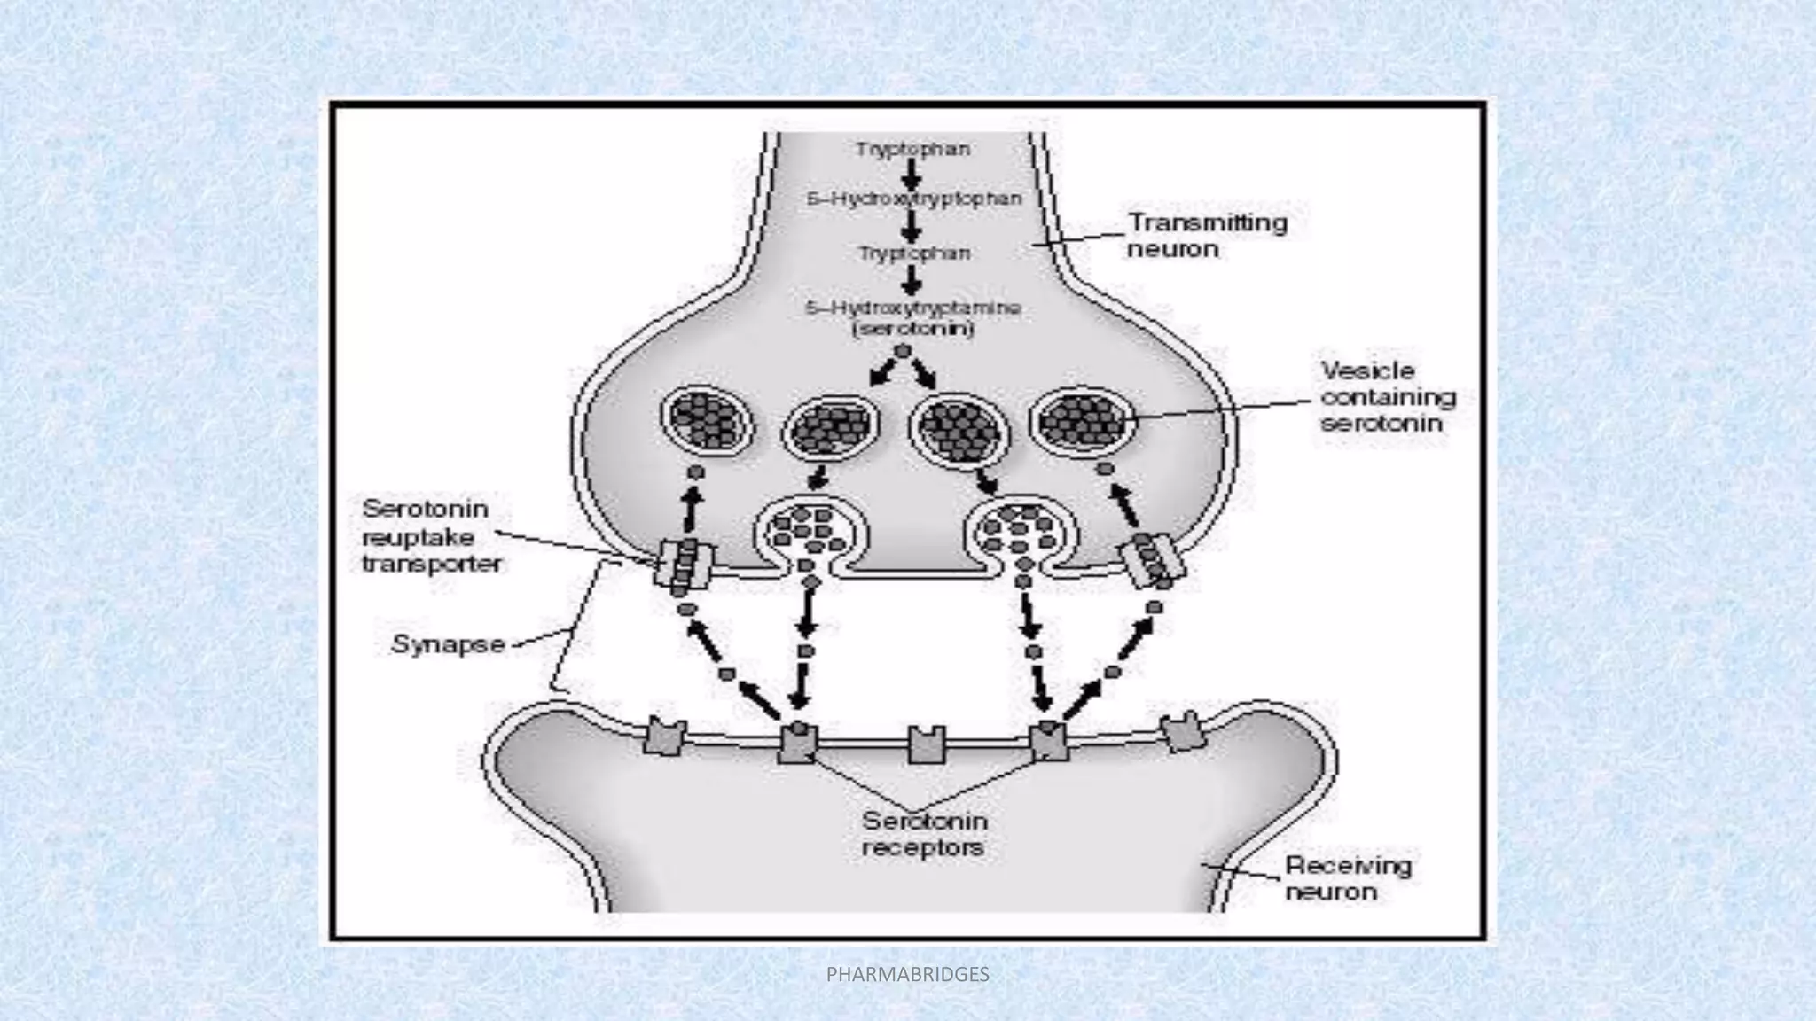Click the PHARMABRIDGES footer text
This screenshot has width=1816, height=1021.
click(907, 975)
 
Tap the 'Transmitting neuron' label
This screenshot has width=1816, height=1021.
click(1206, 235)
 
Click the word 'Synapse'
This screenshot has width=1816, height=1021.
click(448, 644)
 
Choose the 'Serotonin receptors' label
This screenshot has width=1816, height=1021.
click(924, 834)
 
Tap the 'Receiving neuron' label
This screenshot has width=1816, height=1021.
click(1348, 877)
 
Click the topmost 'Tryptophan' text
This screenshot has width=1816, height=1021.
click(912, 150)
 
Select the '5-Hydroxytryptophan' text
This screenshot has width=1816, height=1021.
click(914, 199)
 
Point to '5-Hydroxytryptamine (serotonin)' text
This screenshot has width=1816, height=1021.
click(913, 318)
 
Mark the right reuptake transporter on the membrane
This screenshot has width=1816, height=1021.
click(1153, 561)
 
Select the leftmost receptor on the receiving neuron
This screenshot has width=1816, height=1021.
click(665, 737)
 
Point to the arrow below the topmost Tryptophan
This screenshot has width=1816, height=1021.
click(912, 175)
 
